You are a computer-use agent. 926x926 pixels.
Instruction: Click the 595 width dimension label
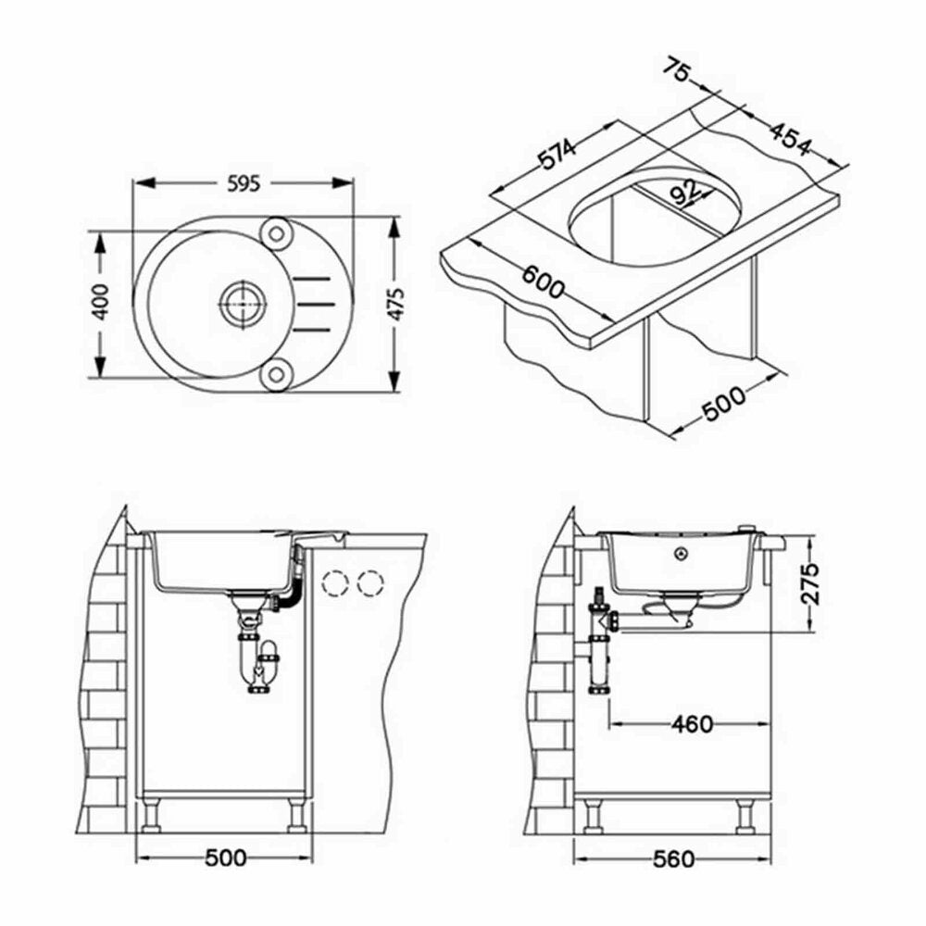pos(244,184)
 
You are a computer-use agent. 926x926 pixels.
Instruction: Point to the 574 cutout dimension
pos(558,155)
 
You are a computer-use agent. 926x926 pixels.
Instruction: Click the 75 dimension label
pos(678,69)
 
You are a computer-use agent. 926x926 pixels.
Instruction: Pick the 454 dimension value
pos(790,140)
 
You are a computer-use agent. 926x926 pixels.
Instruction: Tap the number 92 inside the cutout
pos(685,193)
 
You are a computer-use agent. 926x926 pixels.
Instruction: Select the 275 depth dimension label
pos(811,582)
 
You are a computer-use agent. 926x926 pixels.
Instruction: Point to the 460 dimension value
pos(692,724)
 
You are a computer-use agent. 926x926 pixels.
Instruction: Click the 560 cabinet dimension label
pos(674,858)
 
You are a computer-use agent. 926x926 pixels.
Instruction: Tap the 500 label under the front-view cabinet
pos(226,857)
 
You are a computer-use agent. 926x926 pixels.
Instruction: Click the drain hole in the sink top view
pos(242,303)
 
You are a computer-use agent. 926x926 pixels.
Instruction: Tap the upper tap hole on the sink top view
pos(276,233)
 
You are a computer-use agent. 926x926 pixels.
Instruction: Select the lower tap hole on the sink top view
pos(276,374)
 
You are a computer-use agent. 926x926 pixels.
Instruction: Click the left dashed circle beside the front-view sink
pos(335,582)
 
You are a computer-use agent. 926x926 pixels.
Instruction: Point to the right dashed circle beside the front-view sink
pos(371,582)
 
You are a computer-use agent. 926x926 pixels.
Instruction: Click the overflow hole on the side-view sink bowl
pos(682,554)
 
